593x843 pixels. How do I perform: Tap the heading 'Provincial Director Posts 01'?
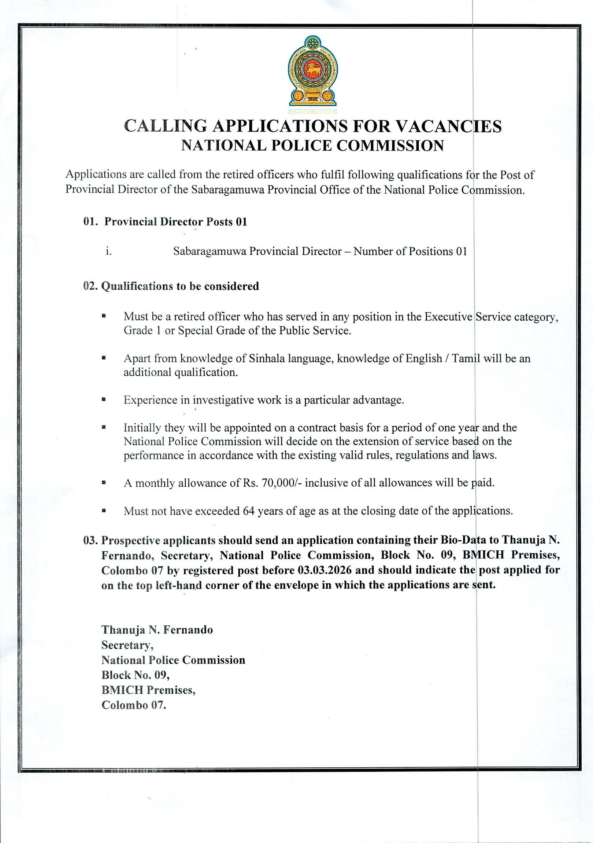click(175, 222)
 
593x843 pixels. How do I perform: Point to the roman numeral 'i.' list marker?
click(109, 251)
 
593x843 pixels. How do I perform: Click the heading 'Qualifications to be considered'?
click(180, 286)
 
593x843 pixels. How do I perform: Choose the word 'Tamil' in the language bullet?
click(466, 358)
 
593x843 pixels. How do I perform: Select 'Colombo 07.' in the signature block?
click(134, 705)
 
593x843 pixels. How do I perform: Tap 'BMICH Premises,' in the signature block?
click(148, 690)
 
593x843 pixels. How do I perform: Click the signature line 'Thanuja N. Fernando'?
click(157, 630)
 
